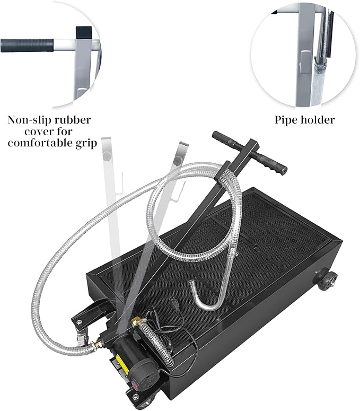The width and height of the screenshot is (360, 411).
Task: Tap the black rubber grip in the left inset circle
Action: (27, 45)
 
